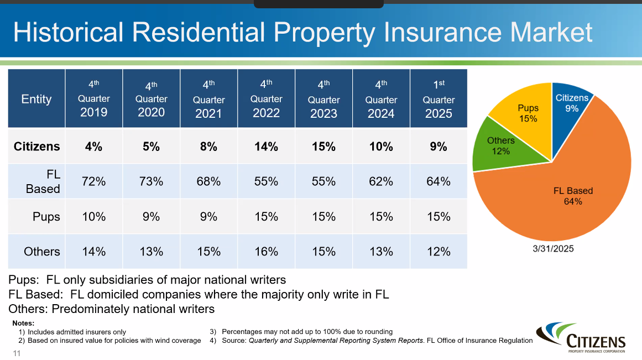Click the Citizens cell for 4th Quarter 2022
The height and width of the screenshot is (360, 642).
[x=266, y=147]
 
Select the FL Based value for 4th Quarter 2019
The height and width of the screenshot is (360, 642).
[x=93, y=181]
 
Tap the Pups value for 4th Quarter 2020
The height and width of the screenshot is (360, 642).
[x=151, y=216]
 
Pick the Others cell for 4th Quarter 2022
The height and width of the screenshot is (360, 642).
[x=266, y=252]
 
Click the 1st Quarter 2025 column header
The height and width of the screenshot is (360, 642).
[x=439, y=99]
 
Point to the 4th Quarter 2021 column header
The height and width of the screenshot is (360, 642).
[x=208, y=99]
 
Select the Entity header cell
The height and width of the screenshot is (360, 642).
[x=36, y=99]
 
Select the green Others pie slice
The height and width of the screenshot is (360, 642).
[x=500, y=146]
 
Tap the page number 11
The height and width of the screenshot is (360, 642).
[x=17, y=353]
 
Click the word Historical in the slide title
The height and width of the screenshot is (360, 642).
[x=68, y=33]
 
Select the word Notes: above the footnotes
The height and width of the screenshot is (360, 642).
[x=23, y=323]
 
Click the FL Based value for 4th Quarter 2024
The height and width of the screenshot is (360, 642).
[x=381, y=181]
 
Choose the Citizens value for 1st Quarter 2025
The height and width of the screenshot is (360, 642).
[x=439, y=147]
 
